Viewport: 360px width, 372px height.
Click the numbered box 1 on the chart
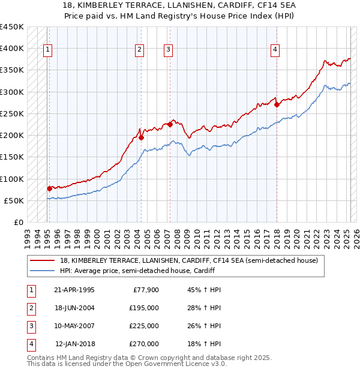click(x=47, y=50)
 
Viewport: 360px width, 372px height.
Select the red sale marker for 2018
click(x=277, y=104)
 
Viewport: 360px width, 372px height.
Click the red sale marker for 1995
click(x=49, y=188)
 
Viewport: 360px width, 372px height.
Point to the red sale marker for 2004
click(x=141, y=137)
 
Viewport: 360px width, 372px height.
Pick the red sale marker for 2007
click(x=170, y=124)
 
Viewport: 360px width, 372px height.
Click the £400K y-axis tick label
click(x=12, y=49)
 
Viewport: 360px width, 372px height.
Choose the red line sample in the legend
click(x=44, y=260)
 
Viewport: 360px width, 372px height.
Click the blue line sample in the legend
click(x=44, y=271)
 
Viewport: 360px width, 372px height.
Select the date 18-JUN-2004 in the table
click(x=74, y=308)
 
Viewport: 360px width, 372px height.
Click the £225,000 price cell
click(x=144, y=326)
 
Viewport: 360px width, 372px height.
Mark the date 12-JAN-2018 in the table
click(x=75, y=344)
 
